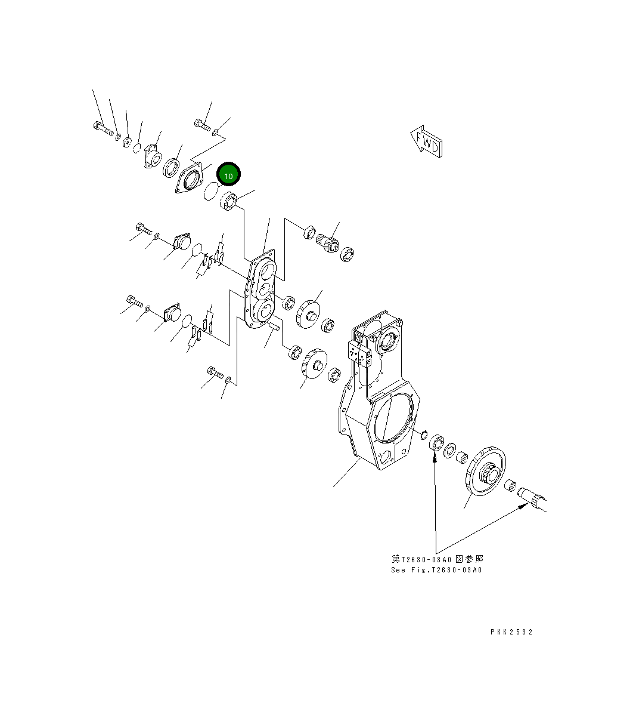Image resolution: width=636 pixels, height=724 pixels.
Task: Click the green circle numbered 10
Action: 228,175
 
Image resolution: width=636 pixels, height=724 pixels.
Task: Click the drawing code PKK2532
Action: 511,631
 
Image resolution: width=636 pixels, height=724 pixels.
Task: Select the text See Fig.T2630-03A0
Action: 436,570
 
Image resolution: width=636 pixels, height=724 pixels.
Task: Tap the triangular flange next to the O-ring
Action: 190,178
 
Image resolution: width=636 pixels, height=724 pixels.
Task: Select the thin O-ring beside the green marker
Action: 211,192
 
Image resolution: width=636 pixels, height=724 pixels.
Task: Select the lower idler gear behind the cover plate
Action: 314,363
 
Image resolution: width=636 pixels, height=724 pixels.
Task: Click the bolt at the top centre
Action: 201,125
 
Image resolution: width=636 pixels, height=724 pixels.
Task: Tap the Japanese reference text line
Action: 437,559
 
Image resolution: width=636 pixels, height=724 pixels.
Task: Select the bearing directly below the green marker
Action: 229,201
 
